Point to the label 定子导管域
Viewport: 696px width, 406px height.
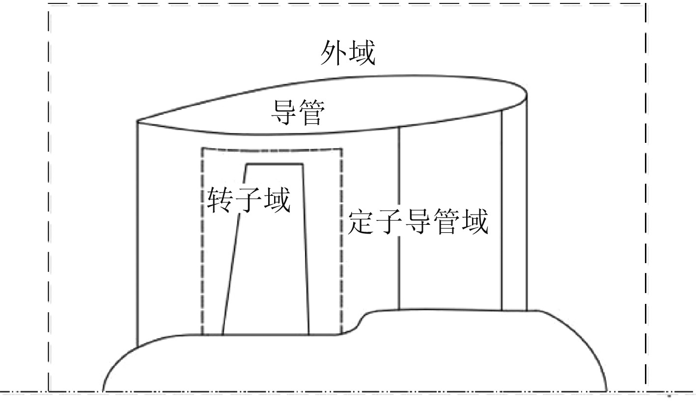point(418,222)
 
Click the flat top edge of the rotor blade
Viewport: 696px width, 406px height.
point(274,164)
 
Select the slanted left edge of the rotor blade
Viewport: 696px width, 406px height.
point(234,250)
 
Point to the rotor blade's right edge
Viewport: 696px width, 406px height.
point(306,250)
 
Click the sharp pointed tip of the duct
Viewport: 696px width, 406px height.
point(138,121)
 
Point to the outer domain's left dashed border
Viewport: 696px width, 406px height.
point(49,196)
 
